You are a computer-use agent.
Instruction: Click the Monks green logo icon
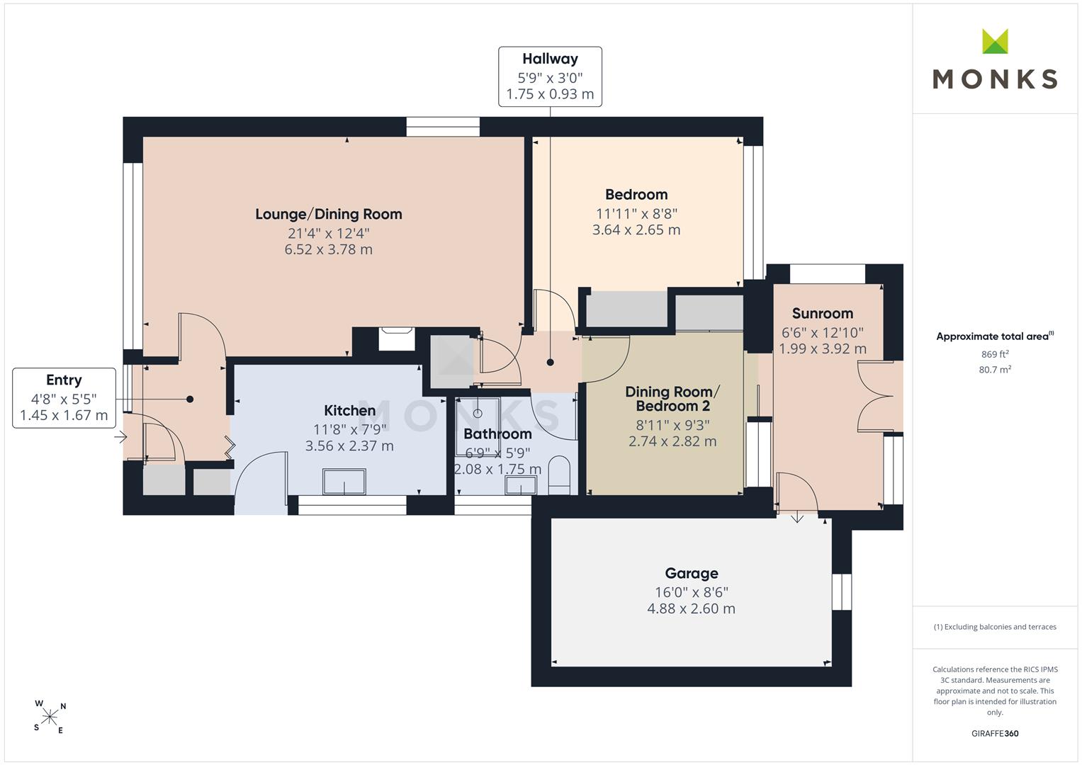coord(995,42)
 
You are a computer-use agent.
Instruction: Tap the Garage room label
coord(692,573)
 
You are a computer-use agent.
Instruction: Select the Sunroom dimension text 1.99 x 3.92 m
coord(823,348)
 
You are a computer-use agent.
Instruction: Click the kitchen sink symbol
coord(344,482)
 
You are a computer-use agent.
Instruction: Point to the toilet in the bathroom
coord(559,475)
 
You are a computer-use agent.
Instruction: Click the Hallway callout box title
coord(550,59)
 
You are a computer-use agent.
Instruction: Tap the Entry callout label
coord(64,380)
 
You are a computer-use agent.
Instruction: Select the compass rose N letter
coord(63,706)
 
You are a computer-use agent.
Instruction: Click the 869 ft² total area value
coord(995,354)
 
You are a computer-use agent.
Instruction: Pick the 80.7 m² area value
coord(995,370)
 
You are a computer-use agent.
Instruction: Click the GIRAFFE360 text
coord(995,734)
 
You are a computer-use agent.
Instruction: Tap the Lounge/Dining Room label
coord(329,214)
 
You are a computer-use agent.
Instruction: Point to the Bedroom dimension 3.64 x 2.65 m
coord(636,230)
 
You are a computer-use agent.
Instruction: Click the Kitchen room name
coord(350,411)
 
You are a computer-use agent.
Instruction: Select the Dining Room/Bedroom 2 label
coord(672,399)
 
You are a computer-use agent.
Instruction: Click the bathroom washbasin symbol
coord(520,485)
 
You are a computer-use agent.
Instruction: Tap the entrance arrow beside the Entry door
coord(120,437)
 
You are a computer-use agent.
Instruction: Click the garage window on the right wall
coord(842,591)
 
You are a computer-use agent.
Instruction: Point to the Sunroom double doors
coord(875,396)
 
